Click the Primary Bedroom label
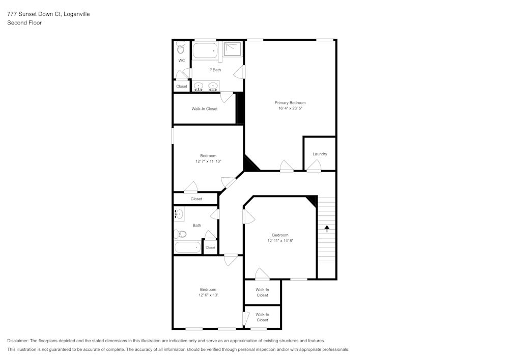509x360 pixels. (290, 102)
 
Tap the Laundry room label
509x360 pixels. (320, 154)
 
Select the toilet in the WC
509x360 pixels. (181, 49)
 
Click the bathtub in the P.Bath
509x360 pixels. (205, 51)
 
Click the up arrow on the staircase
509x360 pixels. (327, 229)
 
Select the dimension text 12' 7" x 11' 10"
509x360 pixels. (208, 161)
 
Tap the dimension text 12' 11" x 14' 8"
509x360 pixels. (280, 240)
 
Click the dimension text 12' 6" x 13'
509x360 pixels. (208, 295)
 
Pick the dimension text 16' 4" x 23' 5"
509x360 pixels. (290, 108)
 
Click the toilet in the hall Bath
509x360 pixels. (180, 234)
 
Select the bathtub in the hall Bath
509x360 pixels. (187, 248)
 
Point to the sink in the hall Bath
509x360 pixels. (179, 214)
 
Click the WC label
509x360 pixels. (181, 61)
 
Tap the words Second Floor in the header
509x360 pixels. (24, 23)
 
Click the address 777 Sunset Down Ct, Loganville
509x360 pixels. (48, 14)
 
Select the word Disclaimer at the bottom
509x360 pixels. (18, 341)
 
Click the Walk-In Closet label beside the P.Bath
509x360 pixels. (204, 108)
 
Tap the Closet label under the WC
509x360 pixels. (182, 87)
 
